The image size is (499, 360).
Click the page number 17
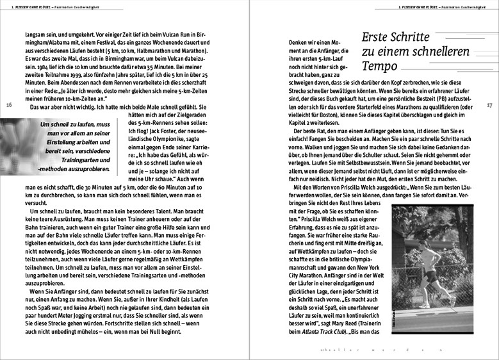pyautogui.click(x=489, y=105)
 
